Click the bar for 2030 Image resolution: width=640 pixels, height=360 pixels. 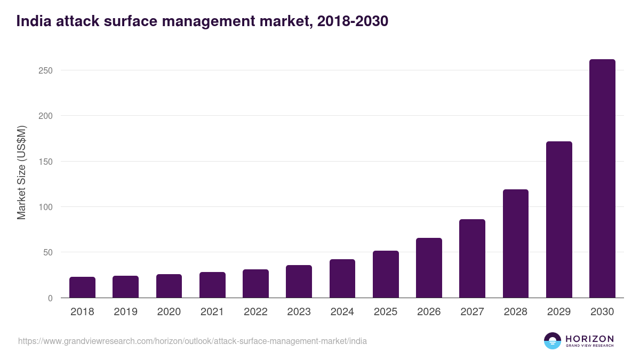(x=602, y=179)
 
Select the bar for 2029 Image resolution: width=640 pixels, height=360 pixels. (x=559, y=220)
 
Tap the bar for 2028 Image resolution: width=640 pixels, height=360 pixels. (x=516, y=244)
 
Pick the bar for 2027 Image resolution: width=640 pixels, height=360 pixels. (x=472, y=259)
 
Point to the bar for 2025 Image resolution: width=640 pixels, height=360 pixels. (x=386, y=274)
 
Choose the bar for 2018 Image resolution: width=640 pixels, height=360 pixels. (x=82, y=287)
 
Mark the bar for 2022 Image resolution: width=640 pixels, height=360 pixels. (x=255, y=284)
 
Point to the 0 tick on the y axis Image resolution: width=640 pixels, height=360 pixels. (x=50, y=298)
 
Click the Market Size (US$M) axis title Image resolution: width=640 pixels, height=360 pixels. (x=21, y=172)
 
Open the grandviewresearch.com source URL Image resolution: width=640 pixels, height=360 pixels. (x=193, y=341)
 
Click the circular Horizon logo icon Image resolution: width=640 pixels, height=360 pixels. (x=553, y=341)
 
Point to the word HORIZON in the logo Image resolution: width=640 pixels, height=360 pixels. (x=589, y=339)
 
